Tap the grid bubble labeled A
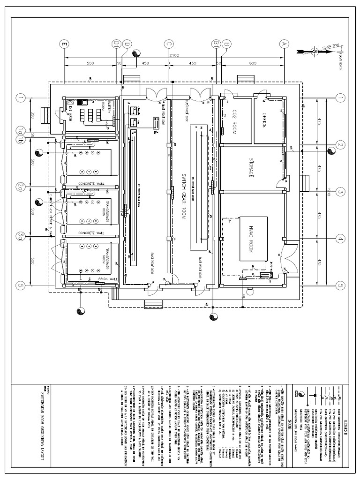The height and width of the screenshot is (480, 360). pyautogui.click(x=283, y=44)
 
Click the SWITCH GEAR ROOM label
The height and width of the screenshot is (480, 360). pyautogui.click(x=178, y=186)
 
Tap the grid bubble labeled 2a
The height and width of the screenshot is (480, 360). pyautogui.click(x=20, y=187)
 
